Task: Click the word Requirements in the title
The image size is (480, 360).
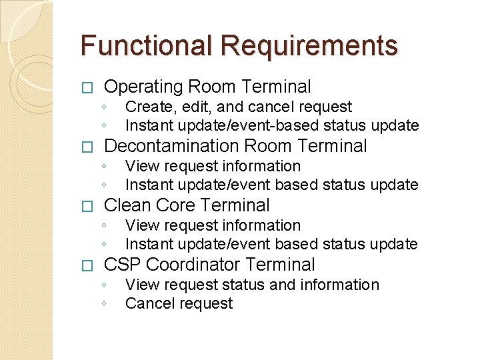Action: (309, 46)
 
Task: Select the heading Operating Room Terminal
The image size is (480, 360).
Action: (207, 87)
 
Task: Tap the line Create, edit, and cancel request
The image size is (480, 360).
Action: (239, 107)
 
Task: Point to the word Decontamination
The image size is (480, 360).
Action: (172, 146)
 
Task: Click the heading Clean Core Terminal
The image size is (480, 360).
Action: (187, 205)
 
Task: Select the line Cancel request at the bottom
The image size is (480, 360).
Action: (179, 304)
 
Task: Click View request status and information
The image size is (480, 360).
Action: (252, 285)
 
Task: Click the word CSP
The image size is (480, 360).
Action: (122, 265)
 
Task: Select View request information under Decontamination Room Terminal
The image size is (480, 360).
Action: (213, 166)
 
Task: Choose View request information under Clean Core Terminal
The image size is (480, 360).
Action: (213, 225)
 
